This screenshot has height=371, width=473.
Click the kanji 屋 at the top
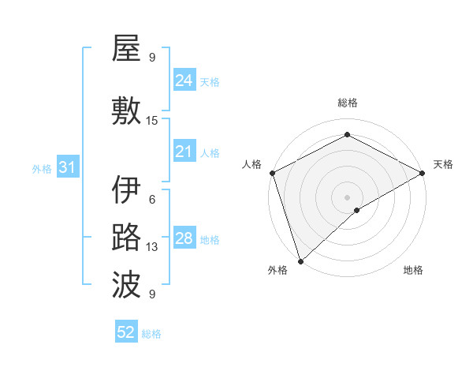click(x=126, y=49)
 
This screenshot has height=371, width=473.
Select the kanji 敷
click(x=126, y=110)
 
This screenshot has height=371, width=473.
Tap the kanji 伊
click(x=126, y=190)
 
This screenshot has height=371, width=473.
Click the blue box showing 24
click(x=184, y=80)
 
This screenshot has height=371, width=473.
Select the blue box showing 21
click(x=184, y=152)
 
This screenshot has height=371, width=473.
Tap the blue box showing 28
click(x=184, y=238)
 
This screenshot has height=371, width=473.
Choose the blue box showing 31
click(x=67, y=167)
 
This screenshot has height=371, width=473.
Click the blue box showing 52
click(x=126, y=332)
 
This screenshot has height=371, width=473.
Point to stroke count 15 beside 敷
click(x=152, y=121)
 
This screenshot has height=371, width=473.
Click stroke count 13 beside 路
click(x=152, y=247)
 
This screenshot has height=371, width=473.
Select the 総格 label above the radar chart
click(x=347, y=103)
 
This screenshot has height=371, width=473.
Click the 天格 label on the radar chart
click(x=443, y=164)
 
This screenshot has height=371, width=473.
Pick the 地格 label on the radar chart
click(x=413, y=270)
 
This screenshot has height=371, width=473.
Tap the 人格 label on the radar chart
click(x=252, y=164)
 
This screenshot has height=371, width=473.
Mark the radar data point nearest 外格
click(x=300, y=261)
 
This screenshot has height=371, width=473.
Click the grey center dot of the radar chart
click(x=347, y=197)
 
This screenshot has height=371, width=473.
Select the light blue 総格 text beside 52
click(x=151, y=333)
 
